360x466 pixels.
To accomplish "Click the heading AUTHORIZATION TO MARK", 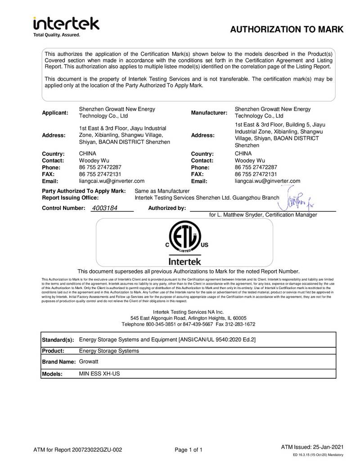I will tap(287, 30).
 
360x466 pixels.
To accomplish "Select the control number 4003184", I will tap(105, 208).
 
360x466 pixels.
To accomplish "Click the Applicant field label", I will tap(55, 113).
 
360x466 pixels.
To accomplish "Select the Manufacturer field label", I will tap(208, 113).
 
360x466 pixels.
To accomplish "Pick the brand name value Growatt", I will tap(89, 362).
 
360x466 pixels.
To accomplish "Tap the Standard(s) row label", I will tap(58, 339).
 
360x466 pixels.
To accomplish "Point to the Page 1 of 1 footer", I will tap(189, 449).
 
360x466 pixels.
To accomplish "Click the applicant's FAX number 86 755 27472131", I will tap(100, 174).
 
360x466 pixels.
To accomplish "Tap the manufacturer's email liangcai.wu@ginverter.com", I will tap(267, 181).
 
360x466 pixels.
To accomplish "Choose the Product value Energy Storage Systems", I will tap(109, 351).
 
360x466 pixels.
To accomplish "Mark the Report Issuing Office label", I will tap(71, 198).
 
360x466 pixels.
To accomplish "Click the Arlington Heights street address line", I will tap(189, 318).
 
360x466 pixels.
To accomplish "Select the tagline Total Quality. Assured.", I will tap(57, 35).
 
